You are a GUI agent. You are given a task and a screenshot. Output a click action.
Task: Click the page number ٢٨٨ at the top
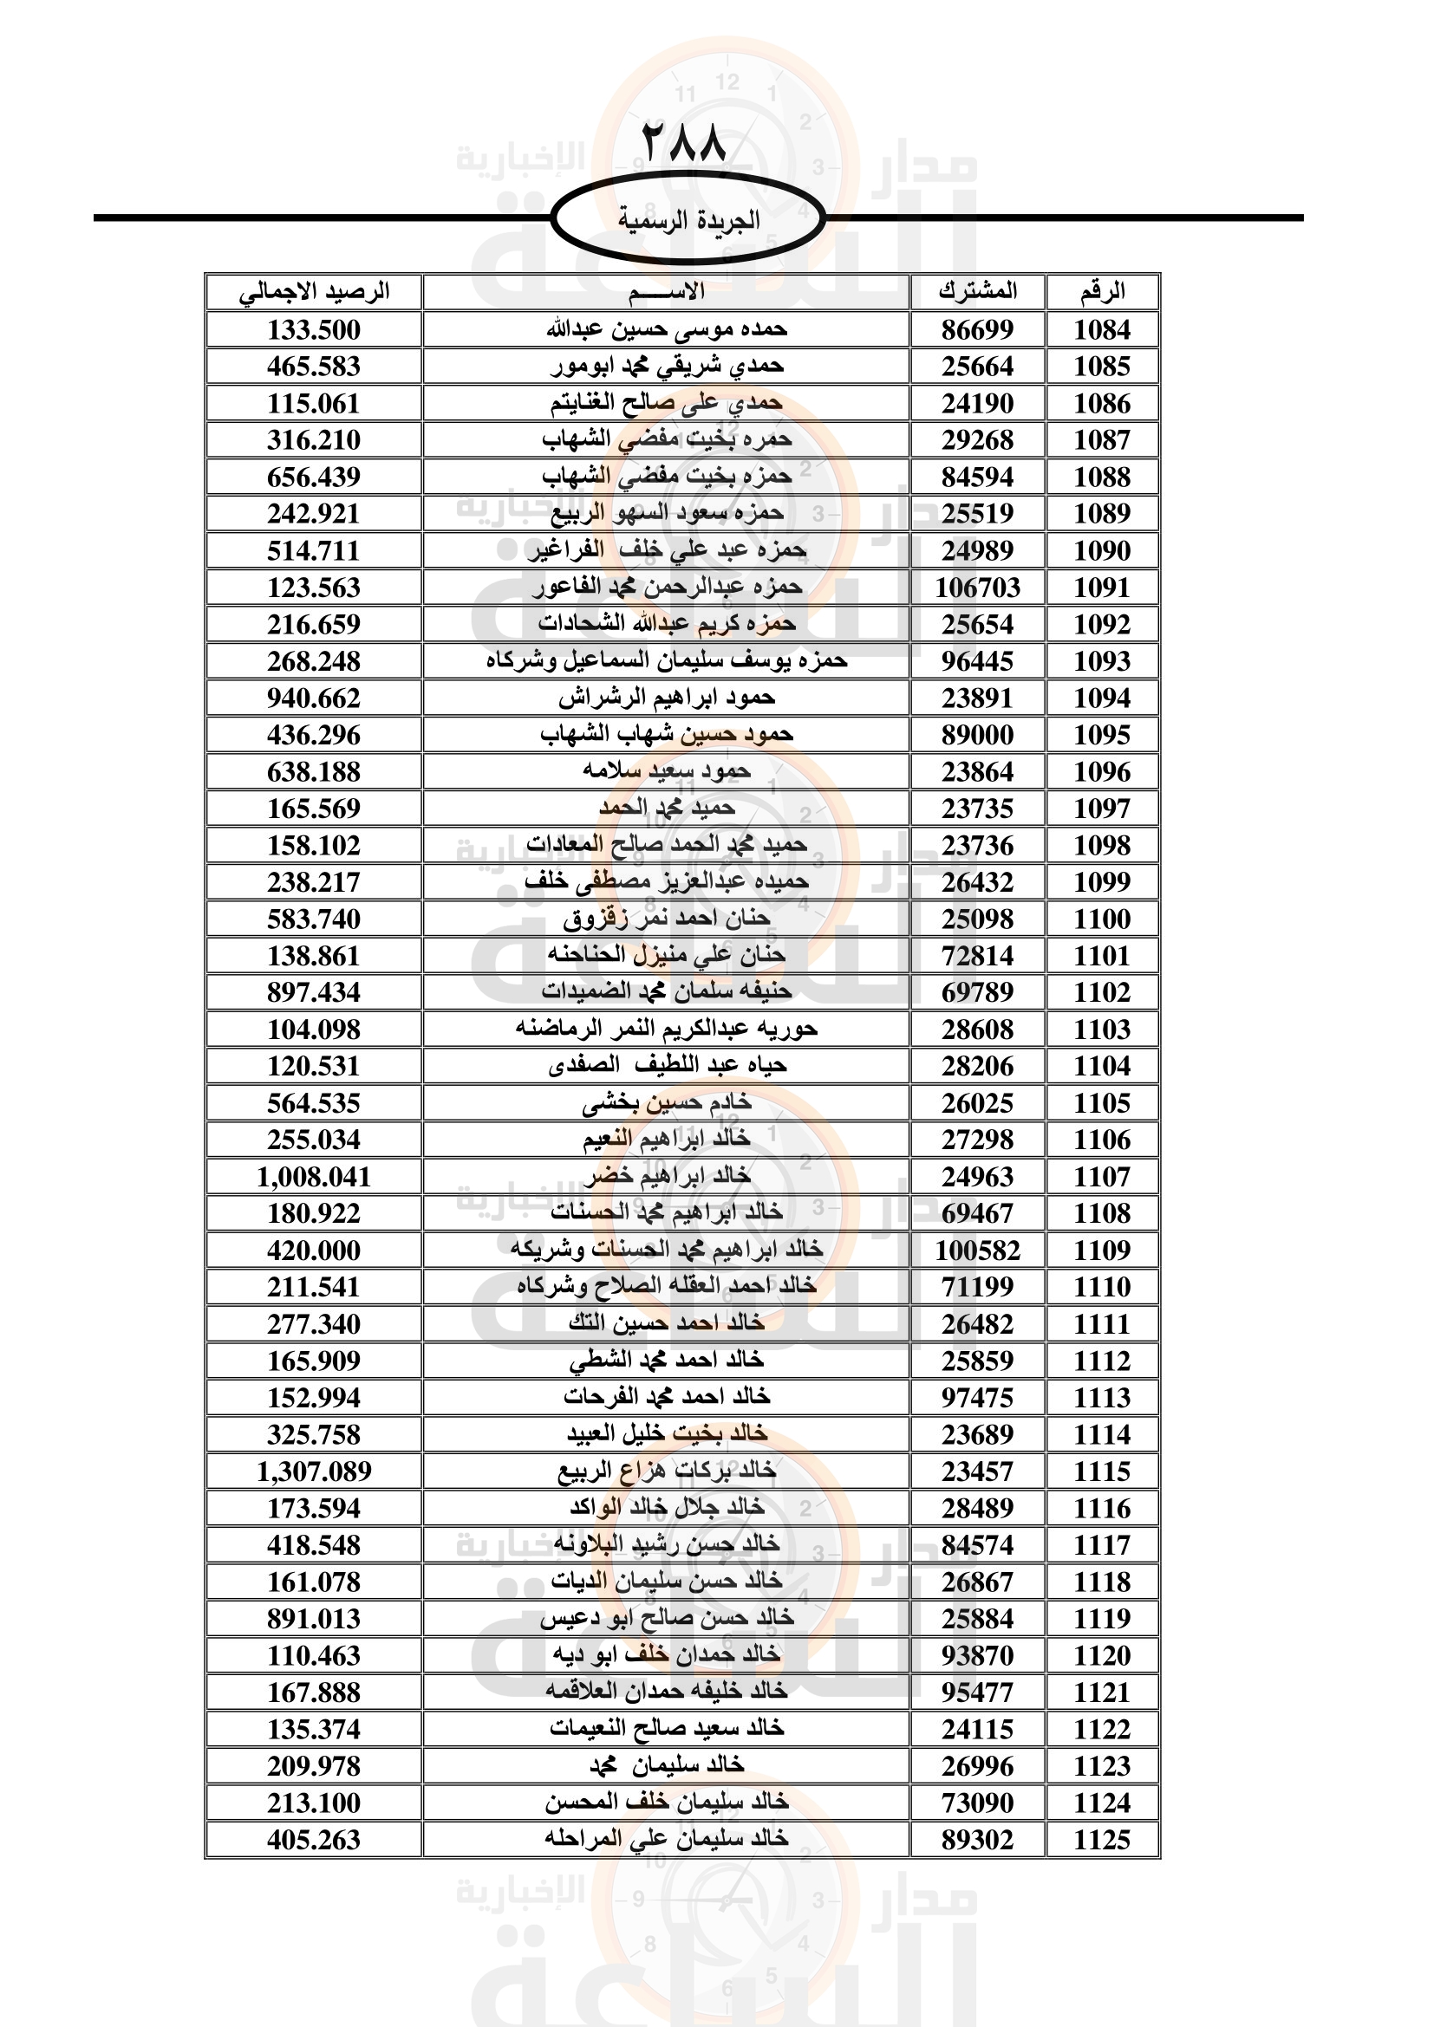pyautogui.click(x=683, y=143)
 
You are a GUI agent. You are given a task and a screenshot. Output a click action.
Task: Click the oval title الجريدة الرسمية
pyautogui.click(x=688, y=219)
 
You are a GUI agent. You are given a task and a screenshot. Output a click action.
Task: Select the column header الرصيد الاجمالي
pyautogui.click(x=314, y=292)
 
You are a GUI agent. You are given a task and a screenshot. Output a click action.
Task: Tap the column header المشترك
pyautogui.click(x=977, y=291)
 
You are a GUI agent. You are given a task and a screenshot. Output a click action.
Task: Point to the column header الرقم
pyautogui.click(x=1102, y=292)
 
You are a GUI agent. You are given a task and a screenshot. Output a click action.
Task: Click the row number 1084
pyautogui.click(x=1102, y=330)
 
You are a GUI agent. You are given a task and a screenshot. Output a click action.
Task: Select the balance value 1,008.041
pyautogui.click(x=314, y=1177)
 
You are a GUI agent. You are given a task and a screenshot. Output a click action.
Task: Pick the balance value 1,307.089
pyautogui.click(x=314, y=1472)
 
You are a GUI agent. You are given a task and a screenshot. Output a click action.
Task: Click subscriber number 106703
pyautogui.click(x=977, y=588)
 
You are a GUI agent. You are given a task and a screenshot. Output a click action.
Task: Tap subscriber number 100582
pyautogui.click(x=977, y=1251)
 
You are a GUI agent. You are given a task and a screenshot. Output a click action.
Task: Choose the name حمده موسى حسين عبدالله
pyautogui.click(x=667, y=329)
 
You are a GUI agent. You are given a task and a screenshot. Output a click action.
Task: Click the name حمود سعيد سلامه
pyautogui.click(x=667, y=771)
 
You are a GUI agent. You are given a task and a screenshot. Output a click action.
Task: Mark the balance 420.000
pyautogui.click(x=314, y=1251)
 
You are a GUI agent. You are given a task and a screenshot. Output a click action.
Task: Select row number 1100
pyautogui.click(x=1102, y=919)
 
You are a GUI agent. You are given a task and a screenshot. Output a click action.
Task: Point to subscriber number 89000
pyautogui.click(x=977, y=736)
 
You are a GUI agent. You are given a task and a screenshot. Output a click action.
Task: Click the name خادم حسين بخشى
pyautogui.click(x=667, y=1102)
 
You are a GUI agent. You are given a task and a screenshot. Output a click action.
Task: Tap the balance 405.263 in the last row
pyautogui.click(x=314, y=1840)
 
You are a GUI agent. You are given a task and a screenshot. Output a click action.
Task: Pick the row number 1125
pyautogui.click(x=1102, y=1840)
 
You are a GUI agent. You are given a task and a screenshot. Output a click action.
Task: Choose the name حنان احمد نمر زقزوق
pyautogui.click(x=667, y=919)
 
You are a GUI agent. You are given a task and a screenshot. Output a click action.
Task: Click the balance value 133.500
pyautogui.click(x=314, y=330)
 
